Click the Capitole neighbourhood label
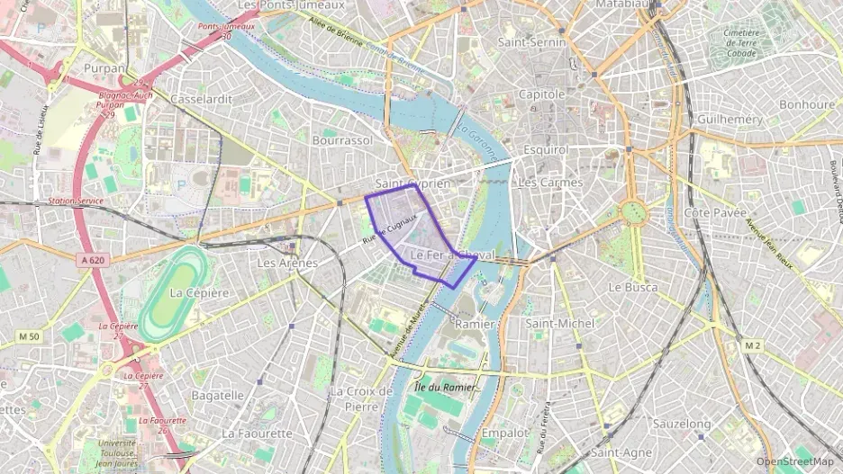542,94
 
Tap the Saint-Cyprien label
412,183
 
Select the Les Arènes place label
287,263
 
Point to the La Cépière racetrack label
199,292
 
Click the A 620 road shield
93,260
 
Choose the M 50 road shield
29,336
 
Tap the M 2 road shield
753,345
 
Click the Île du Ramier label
445,387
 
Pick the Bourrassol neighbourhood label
342,140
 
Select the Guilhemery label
730,119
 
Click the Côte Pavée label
715,212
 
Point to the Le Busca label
633,287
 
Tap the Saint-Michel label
559,322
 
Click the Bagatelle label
218,394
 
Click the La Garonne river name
476,142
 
